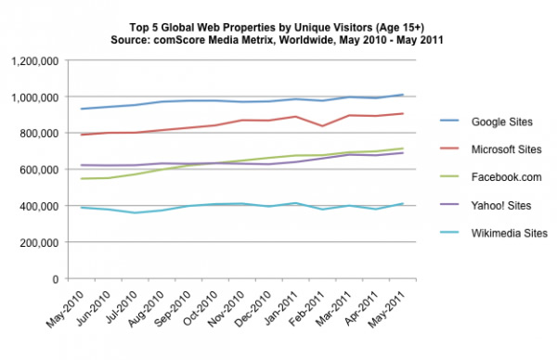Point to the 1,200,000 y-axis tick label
tap(35, 61)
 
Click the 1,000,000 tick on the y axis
tap(35, 97)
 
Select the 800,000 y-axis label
tap(41, 134)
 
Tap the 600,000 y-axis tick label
tap(41, 170)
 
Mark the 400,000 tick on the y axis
tap(41, 206)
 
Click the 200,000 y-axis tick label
tap(41, 242)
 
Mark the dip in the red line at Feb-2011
tap(323, 126)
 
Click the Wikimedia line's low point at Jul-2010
tap(137, 212)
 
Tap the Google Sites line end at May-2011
tap(401, 95)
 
